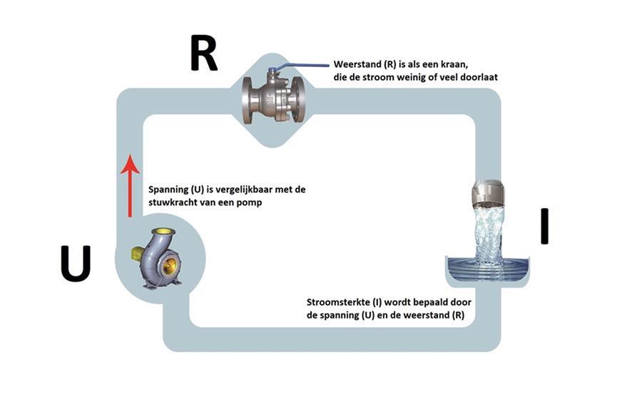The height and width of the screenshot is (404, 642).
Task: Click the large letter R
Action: (x=203, y=53)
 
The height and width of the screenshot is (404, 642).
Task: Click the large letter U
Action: (x=76, y=264)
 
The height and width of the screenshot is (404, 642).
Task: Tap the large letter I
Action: (x=544, y=226)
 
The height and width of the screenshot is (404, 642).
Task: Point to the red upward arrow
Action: (x=131, y=186)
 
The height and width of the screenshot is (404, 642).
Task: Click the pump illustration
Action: (x=157, y=259)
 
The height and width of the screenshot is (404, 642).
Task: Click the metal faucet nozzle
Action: (x=487, y=192)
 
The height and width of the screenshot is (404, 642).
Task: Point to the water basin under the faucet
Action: (x=486, y=271)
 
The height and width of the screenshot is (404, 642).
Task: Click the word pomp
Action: (x=250, y=203)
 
